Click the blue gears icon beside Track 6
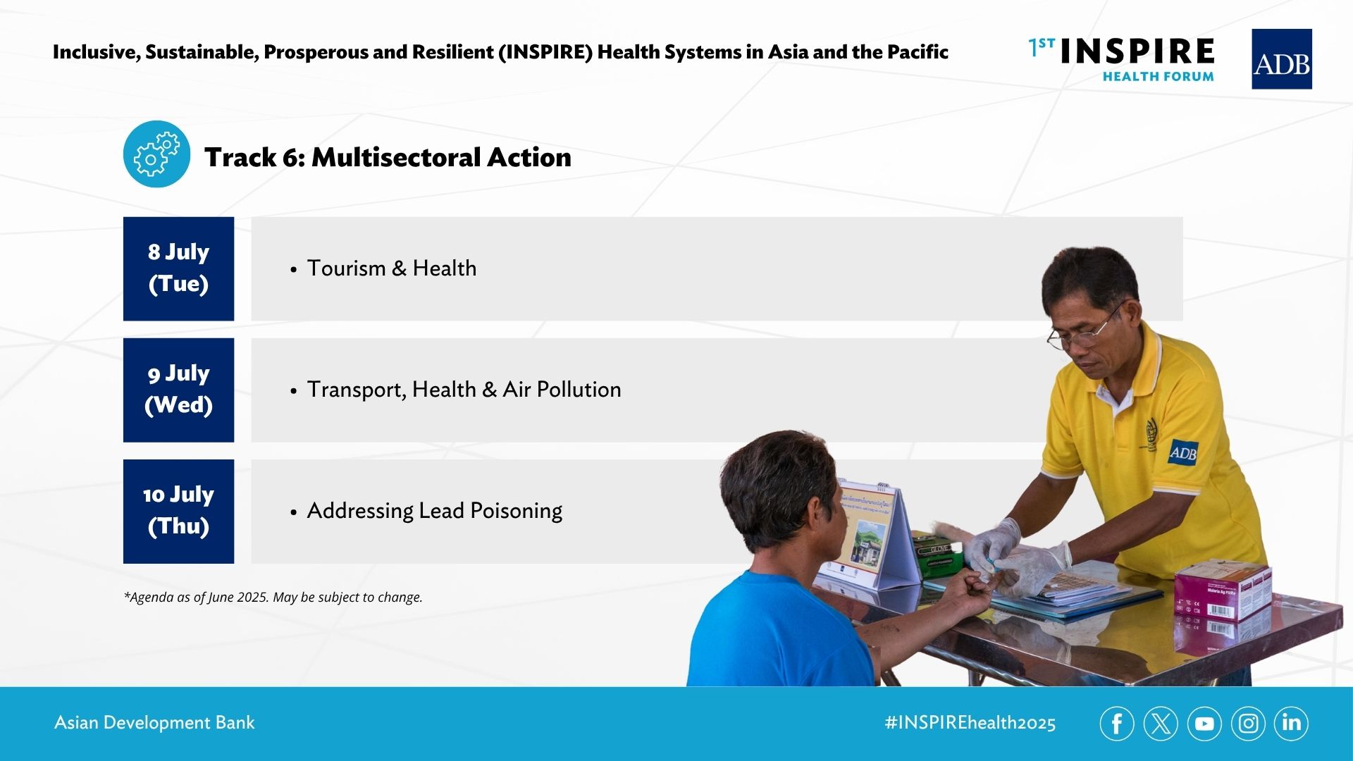click(156, 154)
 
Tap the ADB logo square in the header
click(1281, 59)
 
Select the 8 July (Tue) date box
click(178, 268)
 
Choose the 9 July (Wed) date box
click(178, 390)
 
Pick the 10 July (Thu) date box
click(178, 511)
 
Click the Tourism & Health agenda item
click(392, 268)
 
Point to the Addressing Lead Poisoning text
click(435, 511)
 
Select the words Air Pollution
click(562, 390)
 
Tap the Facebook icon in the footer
click(1117, 724)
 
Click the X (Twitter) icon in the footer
click(1161, 724)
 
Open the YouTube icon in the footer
click(1204, 724)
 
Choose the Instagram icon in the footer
click(1248, 724)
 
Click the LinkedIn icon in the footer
click(1291, 724)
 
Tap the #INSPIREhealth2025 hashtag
click(970, 723)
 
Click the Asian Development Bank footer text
click(154, 723)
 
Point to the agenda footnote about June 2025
click(273, 597)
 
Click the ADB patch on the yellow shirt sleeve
click(1182, 452)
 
